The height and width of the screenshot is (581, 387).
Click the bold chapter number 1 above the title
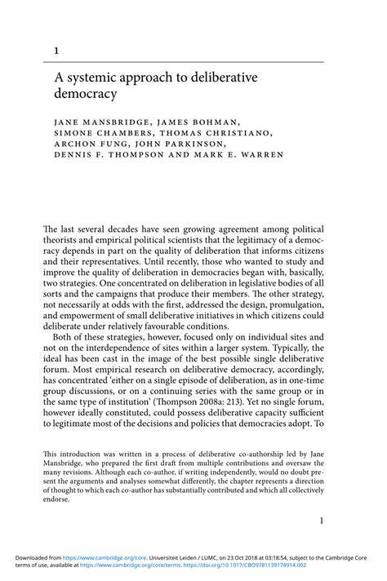click(x=56, y=51)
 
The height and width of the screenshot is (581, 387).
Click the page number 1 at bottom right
click(x=321, y=520)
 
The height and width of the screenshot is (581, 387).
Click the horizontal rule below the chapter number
click(x=189, y=61)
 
